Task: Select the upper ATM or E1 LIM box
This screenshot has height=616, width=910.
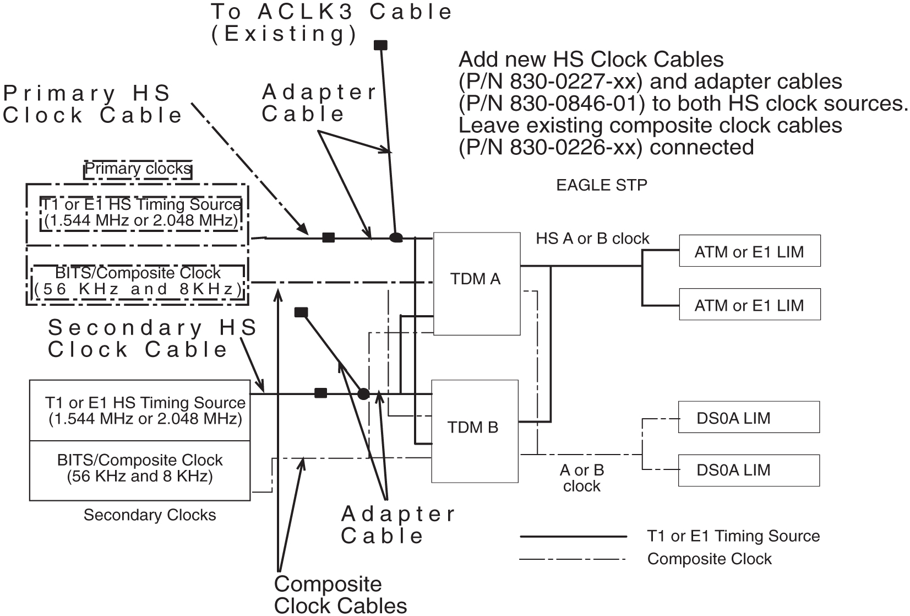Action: point(749,252)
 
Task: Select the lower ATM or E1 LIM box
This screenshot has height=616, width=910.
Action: point(749,305)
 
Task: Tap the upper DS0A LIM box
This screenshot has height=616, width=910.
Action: point(748,418)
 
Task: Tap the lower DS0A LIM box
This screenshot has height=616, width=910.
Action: point(748,470)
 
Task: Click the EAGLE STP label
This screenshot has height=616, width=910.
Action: point(601,185)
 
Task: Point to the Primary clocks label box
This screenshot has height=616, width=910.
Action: point(138,169)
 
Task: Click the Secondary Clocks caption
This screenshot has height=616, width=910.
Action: point(150,515)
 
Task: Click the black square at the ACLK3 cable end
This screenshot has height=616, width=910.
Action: point(380,45)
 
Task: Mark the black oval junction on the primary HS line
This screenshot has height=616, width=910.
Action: point(396,238)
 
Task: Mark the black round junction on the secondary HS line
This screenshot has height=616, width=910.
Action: point(363,393)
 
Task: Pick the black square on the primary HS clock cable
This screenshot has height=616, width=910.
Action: point(328,237)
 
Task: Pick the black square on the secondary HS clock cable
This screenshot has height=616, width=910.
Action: point(320,393)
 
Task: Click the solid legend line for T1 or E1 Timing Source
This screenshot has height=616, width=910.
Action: point(573,536)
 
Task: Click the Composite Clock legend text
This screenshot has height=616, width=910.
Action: point(709,559)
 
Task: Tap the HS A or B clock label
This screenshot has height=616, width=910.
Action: point(592,239)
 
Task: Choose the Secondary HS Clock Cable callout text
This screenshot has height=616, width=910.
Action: point(152,338)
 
